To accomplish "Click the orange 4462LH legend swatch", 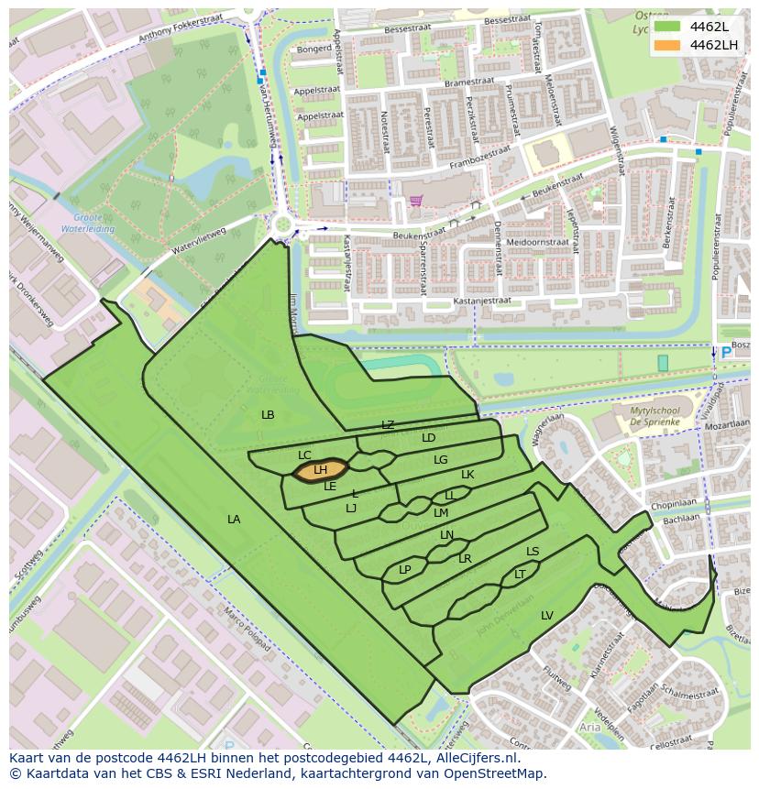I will pos(667,45).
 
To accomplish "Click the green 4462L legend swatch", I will pos(667,26).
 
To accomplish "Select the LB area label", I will pos(268,415).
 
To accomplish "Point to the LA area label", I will pos(234,520).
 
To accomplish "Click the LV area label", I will pos(547,615).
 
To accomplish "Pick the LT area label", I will pos(520,575).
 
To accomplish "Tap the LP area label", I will pos(405,570).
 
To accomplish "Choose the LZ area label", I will pos(388,425).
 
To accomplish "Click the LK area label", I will pos(467,475).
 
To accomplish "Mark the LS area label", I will pos(533,552).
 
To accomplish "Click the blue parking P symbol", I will pos(726,353).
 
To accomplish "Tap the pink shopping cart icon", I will pos(416,201).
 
